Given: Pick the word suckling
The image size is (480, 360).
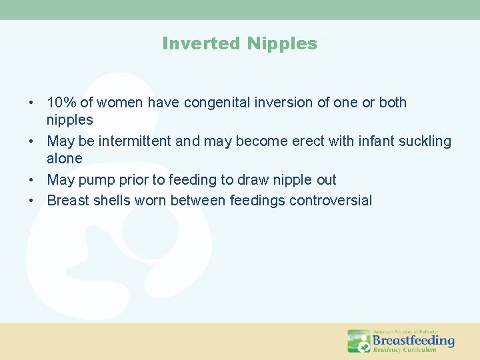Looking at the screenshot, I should coord(425,141).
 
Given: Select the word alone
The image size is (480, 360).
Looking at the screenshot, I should coord(65,159).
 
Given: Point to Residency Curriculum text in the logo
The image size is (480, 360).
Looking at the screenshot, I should coord(405,349).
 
